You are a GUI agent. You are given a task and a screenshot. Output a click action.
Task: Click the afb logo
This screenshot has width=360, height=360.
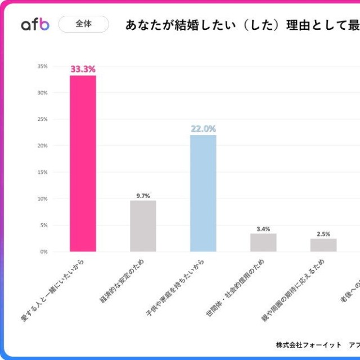click(35, 24)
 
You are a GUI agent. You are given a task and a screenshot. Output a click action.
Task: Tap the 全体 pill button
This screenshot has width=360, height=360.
click(83, 24)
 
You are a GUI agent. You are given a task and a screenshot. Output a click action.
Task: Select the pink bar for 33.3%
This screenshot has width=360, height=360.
click(83, 163)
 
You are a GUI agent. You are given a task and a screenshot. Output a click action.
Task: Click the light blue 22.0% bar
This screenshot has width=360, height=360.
click(203, 193)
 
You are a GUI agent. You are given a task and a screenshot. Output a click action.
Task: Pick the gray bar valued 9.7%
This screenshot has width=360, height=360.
click(143, 226)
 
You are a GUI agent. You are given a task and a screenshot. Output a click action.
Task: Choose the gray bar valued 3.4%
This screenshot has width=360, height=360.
click(263, 242)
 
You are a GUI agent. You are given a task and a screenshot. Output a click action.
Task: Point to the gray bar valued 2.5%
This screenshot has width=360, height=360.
click(323, 245)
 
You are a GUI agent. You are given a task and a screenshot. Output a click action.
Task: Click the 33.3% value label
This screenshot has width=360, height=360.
click(83, 69)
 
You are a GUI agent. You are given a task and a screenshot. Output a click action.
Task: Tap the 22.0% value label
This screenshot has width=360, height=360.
click(203, 128)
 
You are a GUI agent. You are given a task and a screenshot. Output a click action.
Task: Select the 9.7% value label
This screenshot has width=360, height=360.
click(143, 196)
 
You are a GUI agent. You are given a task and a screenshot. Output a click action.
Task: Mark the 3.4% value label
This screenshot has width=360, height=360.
click(263, 229)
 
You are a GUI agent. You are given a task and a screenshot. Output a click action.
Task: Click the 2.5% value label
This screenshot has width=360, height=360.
click(323, 234)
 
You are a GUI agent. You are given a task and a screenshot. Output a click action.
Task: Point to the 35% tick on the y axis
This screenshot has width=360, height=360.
click(43, 66)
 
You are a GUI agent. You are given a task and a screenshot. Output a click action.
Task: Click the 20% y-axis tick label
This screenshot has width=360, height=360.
click(43, 146)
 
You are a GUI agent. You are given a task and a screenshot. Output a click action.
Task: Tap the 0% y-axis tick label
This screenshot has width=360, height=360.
click(44, 251)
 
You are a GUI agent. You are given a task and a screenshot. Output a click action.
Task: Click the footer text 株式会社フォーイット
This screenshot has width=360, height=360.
click(309, 344)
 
